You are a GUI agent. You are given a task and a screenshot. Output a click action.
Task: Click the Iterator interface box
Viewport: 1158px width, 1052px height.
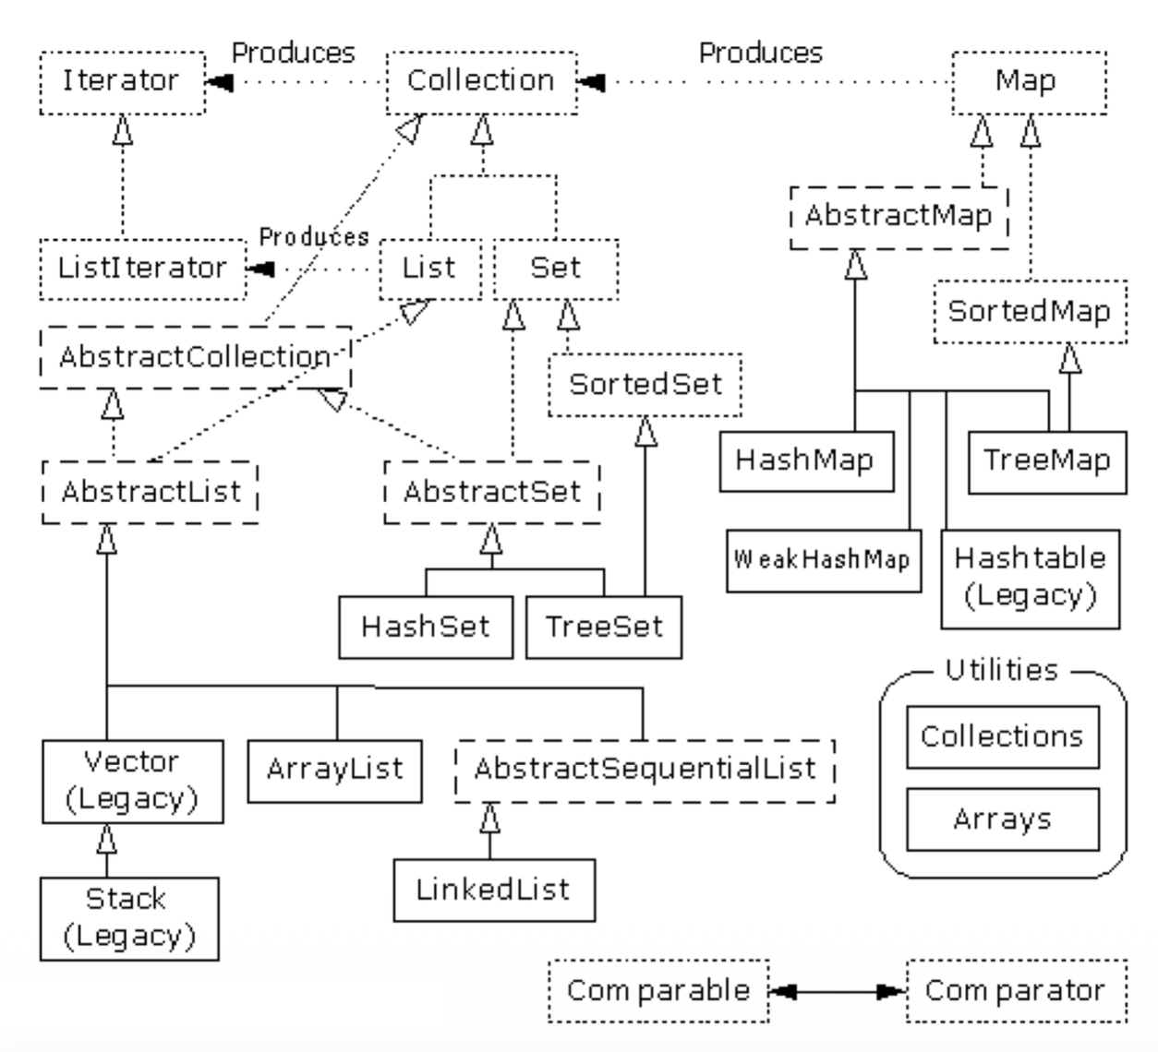point(122,83)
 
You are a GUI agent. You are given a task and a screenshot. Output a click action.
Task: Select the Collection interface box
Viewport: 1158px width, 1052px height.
point(481,83)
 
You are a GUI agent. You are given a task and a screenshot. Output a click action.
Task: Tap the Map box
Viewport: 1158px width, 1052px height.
point(1028,83)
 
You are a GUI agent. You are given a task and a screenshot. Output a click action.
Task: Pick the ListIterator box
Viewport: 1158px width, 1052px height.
point(143,269)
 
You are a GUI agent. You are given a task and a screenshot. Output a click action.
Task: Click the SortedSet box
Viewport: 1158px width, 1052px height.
point(645,385)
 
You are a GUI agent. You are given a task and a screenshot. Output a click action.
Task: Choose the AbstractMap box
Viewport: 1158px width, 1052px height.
point(899,217)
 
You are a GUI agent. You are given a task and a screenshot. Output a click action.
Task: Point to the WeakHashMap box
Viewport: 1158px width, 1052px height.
point(823,560)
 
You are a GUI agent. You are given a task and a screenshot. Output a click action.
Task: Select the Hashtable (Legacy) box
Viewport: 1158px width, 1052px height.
point(1031,579)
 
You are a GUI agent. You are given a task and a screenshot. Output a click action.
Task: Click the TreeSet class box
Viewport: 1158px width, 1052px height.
point(604,628)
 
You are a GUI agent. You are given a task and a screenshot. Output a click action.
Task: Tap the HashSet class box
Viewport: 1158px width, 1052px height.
point(426,628)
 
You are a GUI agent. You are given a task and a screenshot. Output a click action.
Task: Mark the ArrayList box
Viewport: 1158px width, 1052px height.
point(334,770)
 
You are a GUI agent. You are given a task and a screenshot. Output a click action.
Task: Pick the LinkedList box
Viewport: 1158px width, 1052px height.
point(494,891)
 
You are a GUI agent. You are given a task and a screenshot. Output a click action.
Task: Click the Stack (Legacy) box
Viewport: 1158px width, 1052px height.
point(129,919)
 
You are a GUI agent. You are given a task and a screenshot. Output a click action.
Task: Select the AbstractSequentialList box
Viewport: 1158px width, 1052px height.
point(645,770)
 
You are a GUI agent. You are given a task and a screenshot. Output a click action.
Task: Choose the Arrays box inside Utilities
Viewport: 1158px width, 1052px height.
point(1003,819)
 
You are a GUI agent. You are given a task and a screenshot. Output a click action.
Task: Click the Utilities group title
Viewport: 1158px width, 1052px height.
point(1002,670)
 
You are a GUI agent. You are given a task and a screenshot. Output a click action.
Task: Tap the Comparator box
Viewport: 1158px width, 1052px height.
point(1016,991)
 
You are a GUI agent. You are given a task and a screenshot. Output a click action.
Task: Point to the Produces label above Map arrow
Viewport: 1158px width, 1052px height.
point(760,54)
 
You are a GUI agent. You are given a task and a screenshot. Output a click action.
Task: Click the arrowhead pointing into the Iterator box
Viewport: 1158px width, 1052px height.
point(219,83)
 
